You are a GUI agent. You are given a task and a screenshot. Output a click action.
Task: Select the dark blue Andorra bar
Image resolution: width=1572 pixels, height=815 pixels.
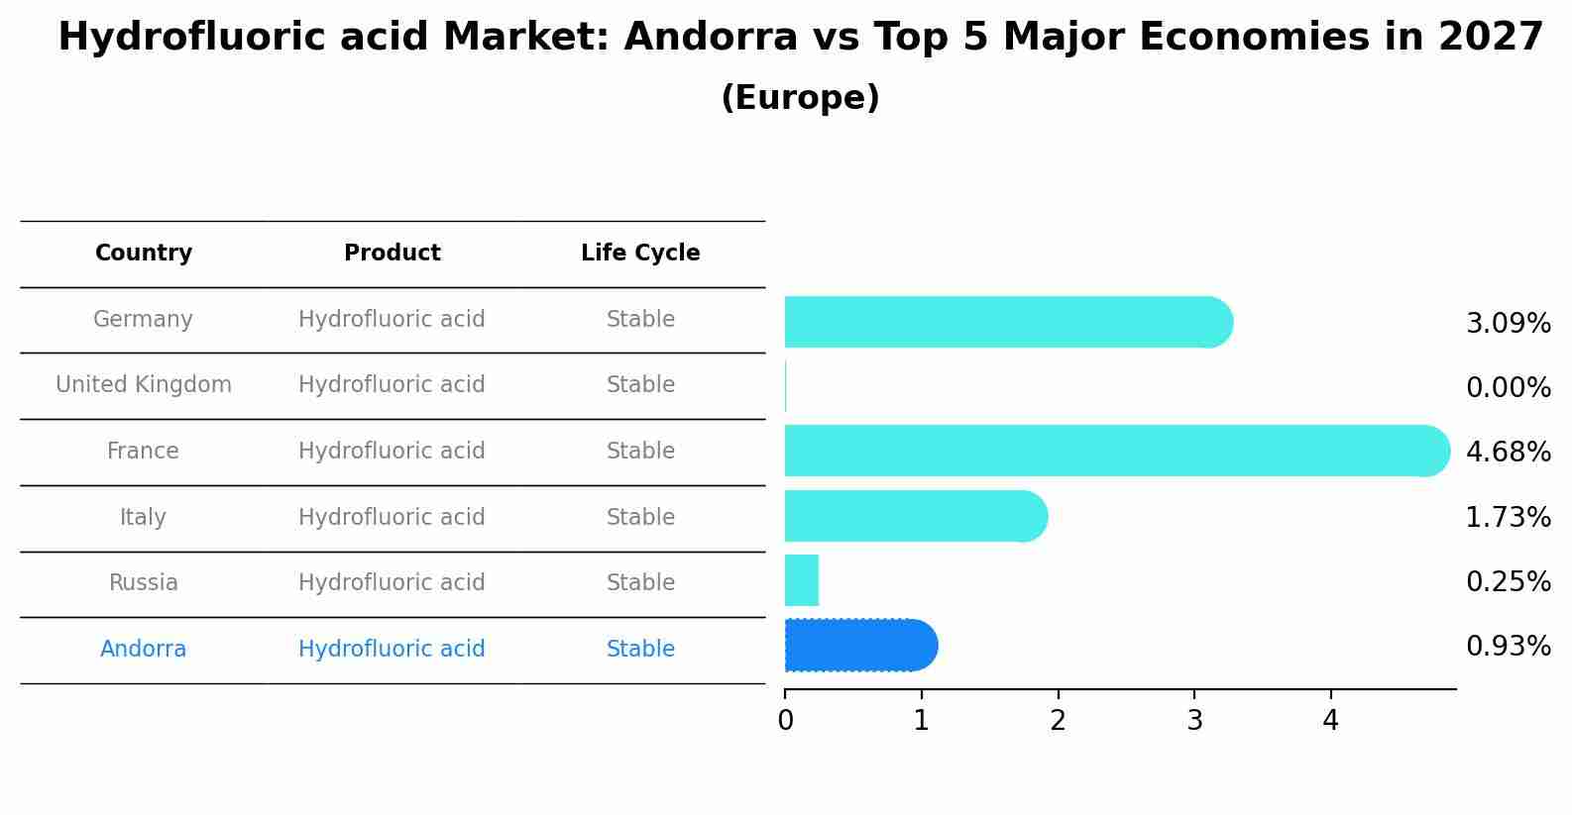click(x=859, y=646)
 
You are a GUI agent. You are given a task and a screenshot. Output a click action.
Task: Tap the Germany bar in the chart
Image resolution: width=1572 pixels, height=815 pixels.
click(x=1006, y=322)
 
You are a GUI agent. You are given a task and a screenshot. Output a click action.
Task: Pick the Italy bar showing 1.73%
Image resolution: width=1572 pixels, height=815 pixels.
click(x=914, y=516)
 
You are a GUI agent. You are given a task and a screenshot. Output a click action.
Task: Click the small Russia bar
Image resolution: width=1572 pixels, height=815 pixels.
click(x=801, y=580)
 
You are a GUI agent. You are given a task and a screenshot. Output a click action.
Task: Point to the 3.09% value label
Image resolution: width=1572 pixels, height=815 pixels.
click(x=1508, y=324)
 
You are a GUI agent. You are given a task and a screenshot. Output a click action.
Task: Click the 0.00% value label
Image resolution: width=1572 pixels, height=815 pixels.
click(x=1508, y=388)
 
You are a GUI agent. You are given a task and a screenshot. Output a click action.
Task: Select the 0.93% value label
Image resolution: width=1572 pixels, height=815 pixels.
click(x=1508, y=647)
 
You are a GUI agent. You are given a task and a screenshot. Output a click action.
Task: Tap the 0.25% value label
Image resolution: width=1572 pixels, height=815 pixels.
click(x=1508, y=582)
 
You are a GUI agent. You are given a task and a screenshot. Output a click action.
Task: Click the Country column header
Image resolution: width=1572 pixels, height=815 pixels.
click(x=144, y=254)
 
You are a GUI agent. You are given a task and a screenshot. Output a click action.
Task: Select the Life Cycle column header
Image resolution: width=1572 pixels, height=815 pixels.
click(x=640, y=254)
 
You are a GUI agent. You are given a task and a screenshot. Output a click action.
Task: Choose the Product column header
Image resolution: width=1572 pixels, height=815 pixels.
click(x=392, y=254)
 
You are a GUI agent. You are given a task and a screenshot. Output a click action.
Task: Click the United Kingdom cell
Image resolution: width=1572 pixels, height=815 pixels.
click(x=144, y=385)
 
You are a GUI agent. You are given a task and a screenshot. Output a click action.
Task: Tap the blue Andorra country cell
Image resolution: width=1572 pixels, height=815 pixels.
click(x=144, y=650)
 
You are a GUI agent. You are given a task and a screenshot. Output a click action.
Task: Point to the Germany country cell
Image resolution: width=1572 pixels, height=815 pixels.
click(x=144, y=320)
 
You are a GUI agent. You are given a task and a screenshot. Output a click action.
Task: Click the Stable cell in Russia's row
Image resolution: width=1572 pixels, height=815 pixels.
click(x=640, y=583)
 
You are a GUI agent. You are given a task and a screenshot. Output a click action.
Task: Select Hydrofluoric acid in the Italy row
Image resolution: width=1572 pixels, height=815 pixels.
click(x=392, y=518)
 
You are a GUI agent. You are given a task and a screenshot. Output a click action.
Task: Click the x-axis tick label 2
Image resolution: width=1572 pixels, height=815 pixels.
click(x=1058, y=721)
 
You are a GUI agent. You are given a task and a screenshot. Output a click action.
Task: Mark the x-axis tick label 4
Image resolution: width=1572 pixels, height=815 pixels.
click(x=1330, y=721)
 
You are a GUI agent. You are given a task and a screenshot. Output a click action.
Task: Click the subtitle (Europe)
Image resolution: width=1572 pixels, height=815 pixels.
click(x=800, y=98)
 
